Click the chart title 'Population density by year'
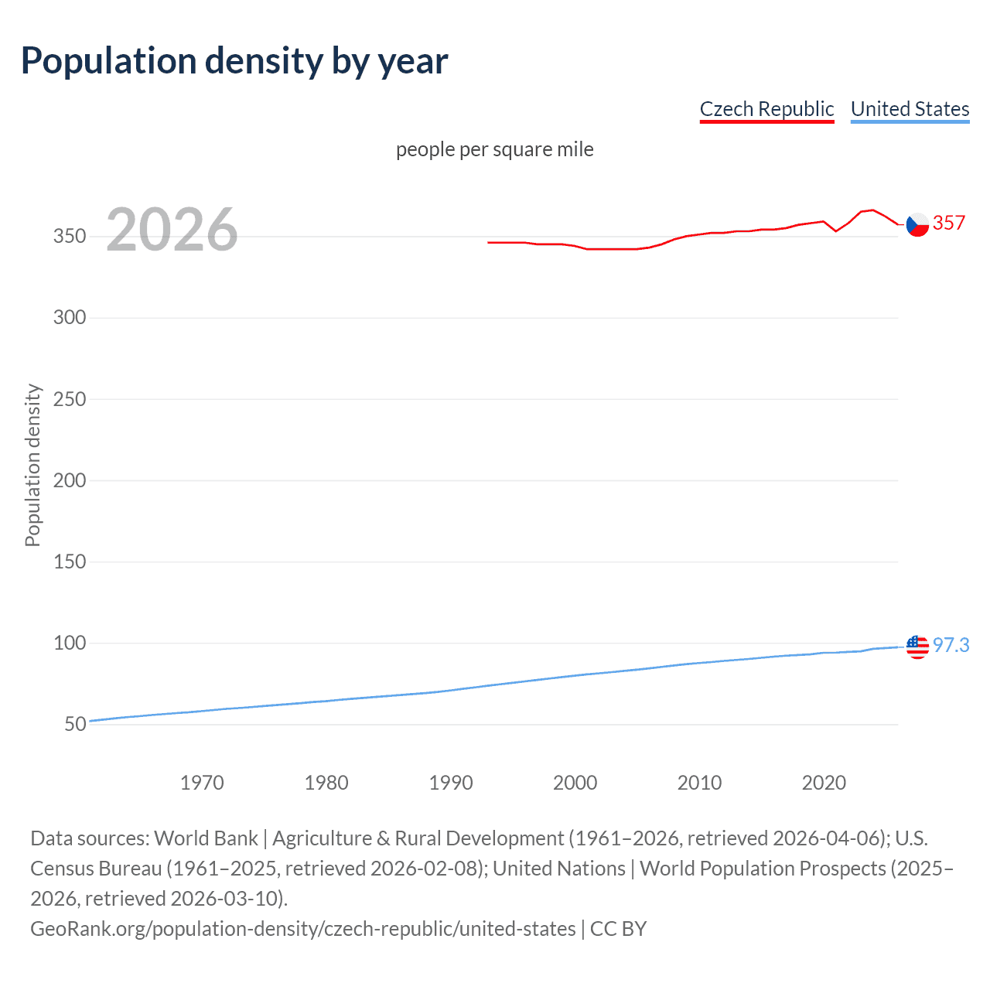(x=234, y=61)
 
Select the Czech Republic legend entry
(x=766, y=109)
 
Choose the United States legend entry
(x=910, y=109)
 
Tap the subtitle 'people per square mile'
(x=494, y=149)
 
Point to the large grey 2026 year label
(x=172, y=230)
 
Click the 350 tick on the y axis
(x=70, y=237)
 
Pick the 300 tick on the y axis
(x=70, y=318)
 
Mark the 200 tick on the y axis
(x=70, y=481)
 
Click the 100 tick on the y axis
(x=70, y=643)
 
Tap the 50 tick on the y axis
(x=75, y=725)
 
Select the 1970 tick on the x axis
(x=202, y=783)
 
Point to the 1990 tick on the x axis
(x=451, y=783)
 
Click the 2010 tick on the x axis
(x=699, y=783)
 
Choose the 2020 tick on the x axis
(x=824, y=783)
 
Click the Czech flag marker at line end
(x=917, y=224)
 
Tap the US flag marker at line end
(x=917, y=646)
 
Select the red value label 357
(x=949, y=224)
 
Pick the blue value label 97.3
(x=951, y=645)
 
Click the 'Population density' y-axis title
(x=32, y=466)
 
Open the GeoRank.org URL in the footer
(x=302, y=928)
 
